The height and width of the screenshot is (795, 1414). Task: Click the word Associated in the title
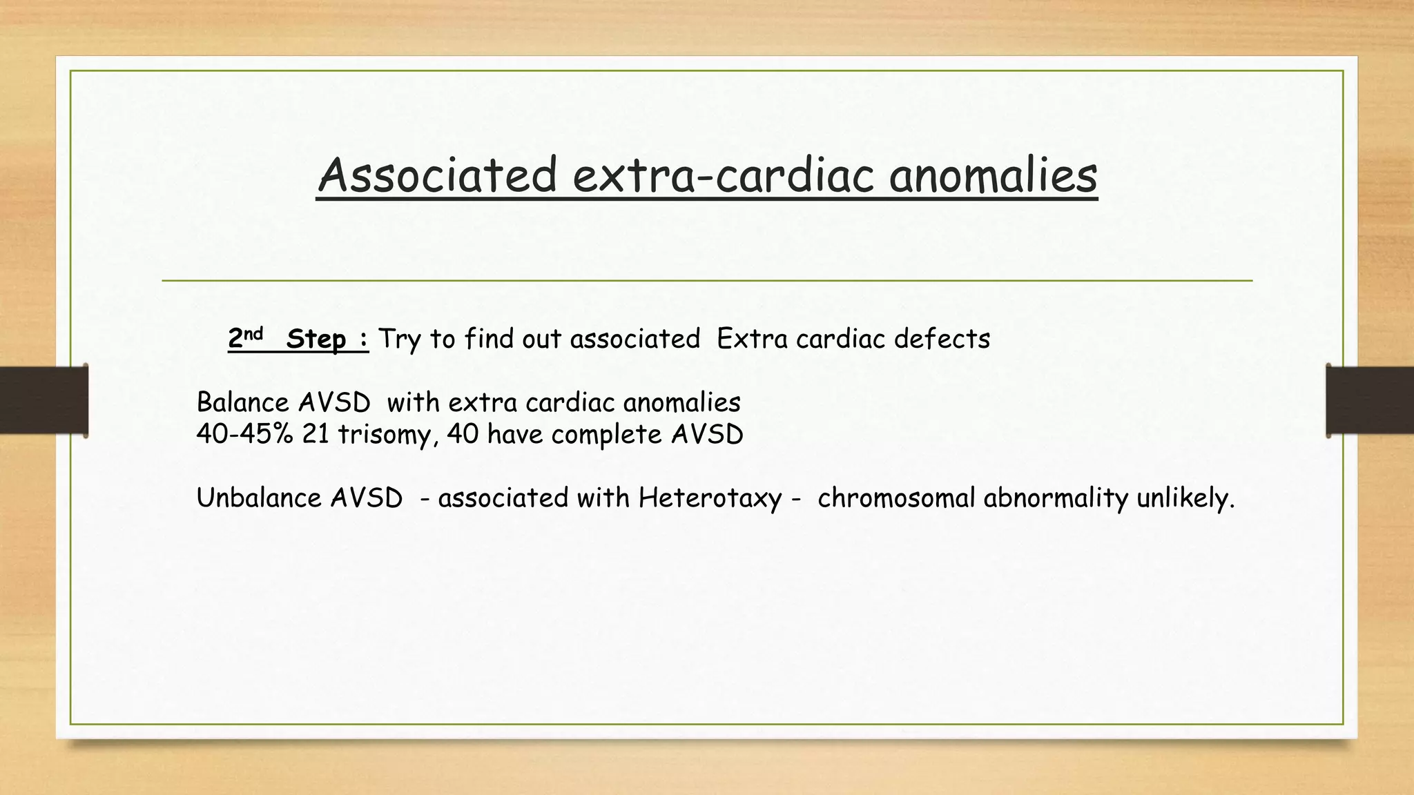click(x=437, y=175)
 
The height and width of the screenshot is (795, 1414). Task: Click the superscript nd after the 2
click(x=254, y=334)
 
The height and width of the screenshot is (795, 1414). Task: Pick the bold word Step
click(x=316, y=339)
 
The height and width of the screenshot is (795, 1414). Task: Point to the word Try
click(x=400, y=340)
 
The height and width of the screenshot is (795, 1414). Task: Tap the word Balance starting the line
click(x=242, y=402)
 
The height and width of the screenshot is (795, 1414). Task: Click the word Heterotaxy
click(x=710, y=498)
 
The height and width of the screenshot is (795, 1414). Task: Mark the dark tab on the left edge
click(x=43, y=400)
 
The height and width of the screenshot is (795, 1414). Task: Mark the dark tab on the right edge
click(x=1370, y=400)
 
